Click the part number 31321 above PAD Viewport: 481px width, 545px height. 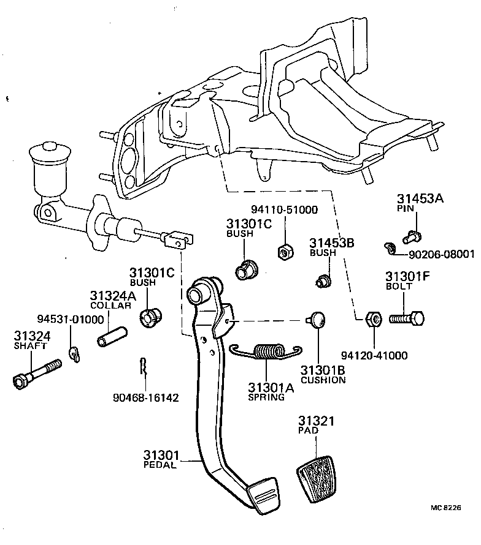[x=317, y=421]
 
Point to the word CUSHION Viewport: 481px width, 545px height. [x=323, y=380]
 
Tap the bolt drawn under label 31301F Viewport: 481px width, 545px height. [x=406, y=318]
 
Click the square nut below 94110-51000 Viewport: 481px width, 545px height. [x=285, y=250]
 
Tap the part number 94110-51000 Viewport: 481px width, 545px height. [x=284, y=209]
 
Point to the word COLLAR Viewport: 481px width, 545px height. [x=110, y=305]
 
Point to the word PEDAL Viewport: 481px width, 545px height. [x=160, y=465]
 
